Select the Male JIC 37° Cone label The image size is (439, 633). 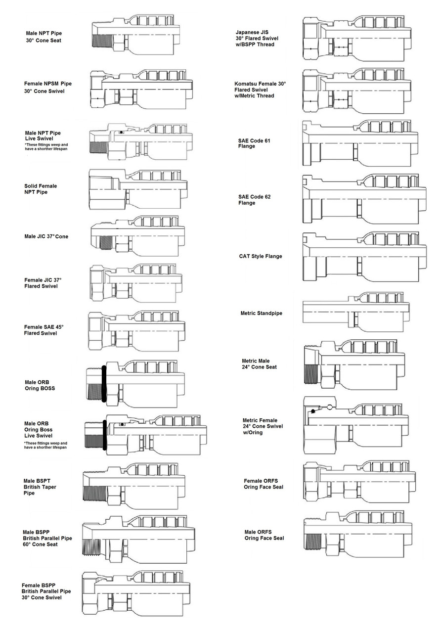pyautogui.click(x=47, y=236)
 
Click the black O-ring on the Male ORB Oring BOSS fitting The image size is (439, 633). pyautogui.click(x=104, y=383)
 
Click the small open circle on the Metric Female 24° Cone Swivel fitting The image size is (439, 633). pyautogui.click(x=329, y=407)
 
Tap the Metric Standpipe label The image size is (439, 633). pyautogui.click(x=262, y=314)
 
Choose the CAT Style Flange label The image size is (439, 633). pyautogui.click(x=261, y=256)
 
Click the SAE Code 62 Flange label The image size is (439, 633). pyautogui.click(x=254, y=200)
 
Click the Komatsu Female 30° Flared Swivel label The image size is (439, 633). pyautogui.click(x=260, y=90)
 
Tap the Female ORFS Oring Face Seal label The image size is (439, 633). pyautogui.click(x=264, y=484)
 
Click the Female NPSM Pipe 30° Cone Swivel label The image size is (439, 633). pyautogui.click(x=48, y=88)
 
